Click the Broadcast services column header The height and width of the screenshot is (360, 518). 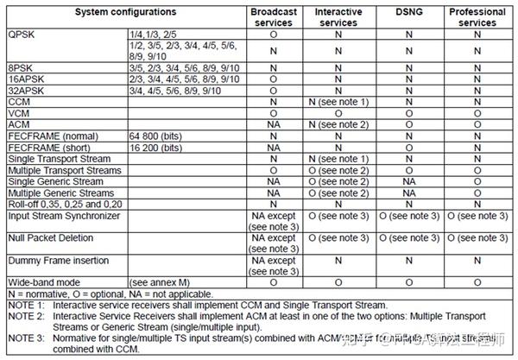click(x=273, y=17)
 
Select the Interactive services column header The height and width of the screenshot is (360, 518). click(x=338, y=17)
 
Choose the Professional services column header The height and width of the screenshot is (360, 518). click(x=477, y=17)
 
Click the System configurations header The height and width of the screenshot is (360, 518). click(x=125, y=12)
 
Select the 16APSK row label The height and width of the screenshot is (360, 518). click(x=24, y=79)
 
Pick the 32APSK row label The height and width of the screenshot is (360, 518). click(x=24, y=88)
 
